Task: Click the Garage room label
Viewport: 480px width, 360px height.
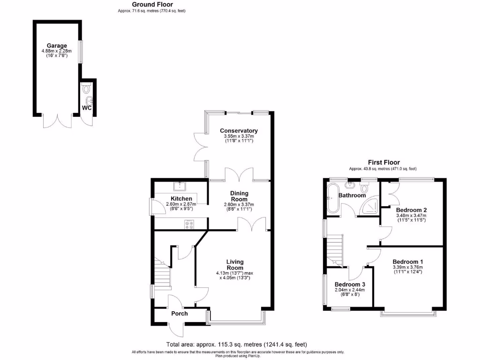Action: click(x=56, y=45)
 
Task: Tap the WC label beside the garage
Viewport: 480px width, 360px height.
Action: click(x=87, y=108)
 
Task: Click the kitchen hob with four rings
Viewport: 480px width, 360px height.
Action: click(x=190, y=225)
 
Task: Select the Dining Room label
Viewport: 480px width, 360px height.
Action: click(x=239, y=196)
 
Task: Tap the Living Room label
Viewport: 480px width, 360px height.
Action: click(x=234, y=265)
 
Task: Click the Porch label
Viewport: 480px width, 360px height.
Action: click(x=179, y=314)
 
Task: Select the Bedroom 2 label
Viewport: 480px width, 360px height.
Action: click(x=411, y=210)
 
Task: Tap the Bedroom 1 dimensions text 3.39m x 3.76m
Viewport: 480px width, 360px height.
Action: click(x=407, y=268)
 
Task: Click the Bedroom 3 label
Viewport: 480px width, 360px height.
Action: click(x=349, y=285)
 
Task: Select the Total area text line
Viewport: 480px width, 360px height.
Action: click(x=237, y=344)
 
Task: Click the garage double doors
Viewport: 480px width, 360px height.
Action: click(x=57, y=121)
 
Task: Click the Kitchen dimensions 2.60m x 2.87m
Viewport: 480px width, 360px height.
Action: click(x=181, y=204)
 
